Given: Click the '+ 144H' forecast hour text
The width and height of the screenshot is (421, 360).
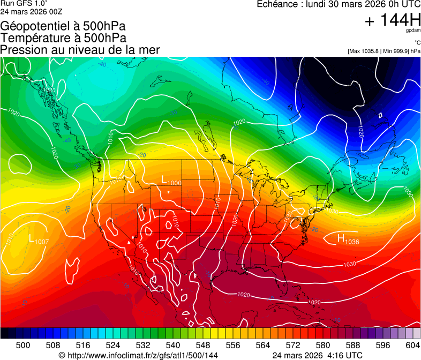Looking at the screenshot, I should [x=392, y=20].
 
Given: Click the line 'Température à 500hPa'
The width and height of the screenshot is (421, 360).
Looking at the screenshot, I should [x=63, y=37].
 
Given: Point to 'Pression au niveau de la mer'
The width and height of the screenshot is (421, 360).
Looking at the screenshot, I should [x=80, y=50].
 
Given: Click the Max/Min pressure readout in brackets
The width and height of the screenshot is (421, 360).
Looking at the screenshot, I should [x=384, y=51].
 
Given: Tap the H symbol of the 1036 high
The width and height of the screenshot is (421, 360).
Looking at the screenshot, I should [x=341, y=238].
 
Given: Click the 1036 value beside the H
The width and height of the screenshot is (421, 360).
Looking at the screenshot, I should [x=352, y=242].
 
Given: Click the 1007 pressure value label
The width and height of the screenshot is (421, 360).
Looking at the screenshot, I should [x=42, y=242].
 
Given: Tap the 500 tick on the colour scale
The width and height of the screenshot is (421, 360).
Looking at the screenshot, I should [x=23, y=344].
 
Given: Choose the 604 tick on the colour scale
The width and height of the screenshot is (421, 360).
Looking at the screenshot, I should [x=413, y=344].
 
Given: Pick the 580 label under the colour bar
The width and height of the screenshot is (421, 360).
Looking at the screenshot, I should [x=323, y=344].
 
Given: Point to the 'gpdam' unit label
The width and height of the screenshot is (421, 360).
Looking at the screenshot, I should [x=413, y=31].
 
